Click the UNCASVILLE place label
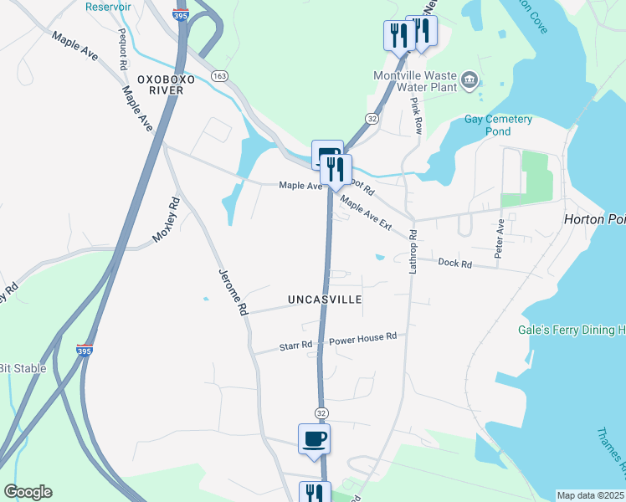pos(325,299)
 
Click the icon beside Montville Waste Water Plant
pos(469,80)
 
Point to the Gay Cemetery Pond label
pos(499,125)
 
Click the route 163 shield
pos(220,75)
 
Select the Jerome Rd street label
pos(233,291)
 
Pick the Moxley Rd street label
pos(167,220)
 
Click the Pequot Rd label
pos(122,49)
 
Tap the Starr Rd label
pos(295,345)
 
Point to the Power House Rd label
pos(362,339)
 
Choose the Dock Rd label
pos(455,263)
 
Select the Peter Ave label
pos(500,238)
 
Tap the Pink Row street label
pos(416,115)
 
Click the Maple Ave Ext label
pos(366,213)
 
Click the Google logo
pos(28,492)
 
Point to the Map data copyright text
pos(591,495)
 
